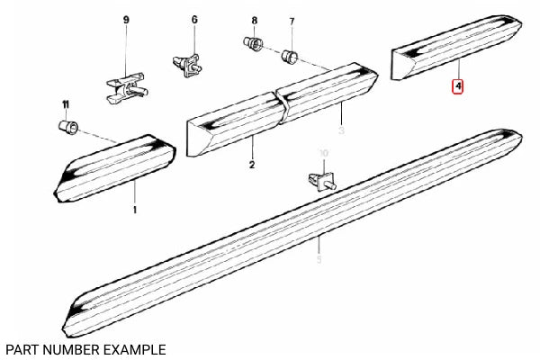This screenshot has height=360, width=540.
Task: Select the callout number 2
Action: pos(251,165)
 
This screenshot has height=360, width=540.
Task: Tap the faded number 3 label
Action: pos(341,130)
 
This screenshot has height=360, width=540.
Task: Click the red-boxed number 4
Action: pos(458,87)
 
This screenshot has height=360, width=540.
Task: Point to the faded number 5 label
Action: pos(319,261)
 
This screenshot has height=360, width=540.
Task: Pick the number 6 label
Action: pos(193,19)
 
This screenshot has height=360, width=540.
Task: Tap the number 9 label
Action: pos(126,19)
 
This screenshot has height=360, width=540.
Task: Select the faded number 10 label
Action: pos(324,155)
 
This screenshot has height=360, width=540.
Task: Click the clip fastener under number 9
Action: pos(125,82)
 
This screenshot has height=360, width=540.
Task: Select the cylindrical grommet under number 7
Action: pos(291,56)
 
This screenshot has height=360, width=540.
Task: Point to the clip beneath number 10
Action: pos(319,177)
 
